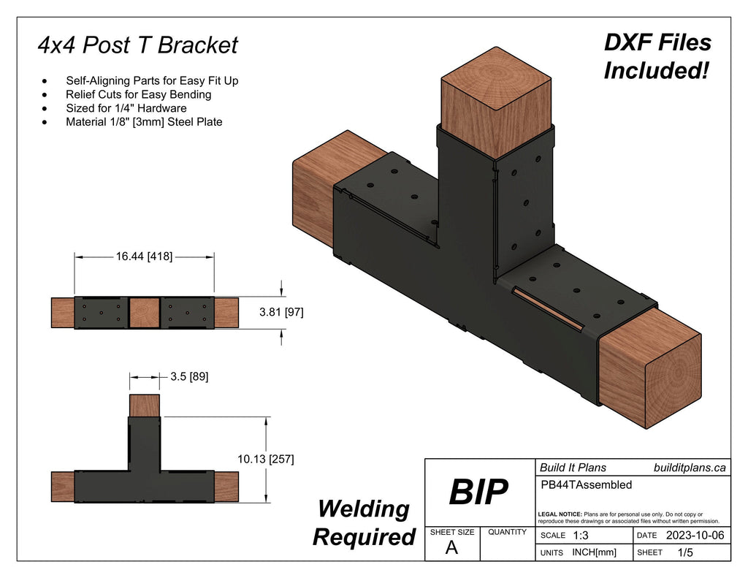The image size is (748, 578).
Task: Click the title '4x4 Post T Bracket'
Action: tap(138, 45)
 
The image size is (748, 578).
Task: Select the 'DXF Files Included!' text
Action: tap(657, 56)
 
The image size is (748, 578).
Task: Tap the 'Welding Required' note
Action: tap(363, 522)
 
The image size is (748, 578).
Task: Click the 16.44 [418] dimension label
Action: tap(144, 256)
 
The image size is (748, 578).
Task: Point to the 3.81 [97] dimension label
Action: tap(282, 312)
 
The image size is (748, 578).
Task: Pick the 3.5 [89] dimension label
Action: tap(188, 377)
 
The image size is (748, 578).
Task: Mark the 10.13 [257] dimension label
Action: tap(266, 459)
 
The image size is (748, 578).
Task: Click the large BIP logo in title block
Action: tap(478, 493)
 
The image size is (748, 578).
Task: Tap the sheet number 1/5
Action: tap(685, 552)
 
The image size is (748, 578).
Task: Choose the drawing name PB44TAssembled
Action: tap(585, 484)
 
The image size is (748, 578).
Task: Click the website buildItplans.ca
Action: tap(689, 468)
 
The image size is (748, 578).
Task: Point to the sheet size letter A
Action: tap(451, 548)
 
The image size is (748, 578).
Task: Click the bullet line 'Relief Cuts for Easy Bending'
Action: tap(138, 94)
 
